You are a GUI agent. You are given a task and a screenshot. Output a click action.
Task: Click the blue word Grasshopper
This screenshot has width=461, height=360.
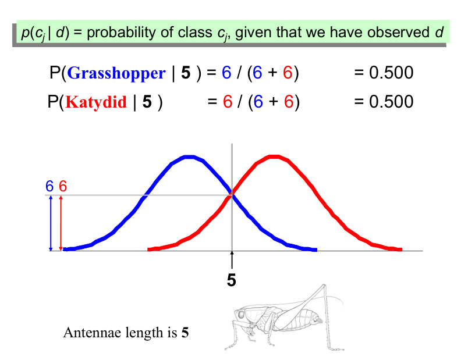tap(116, 73)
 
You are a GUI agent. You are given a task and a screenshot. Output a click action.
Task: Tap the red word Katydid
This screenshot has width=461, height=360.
tap(96, 102)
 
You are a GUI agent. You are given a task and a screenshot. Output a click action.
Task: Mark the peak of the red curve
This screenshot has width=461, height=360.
tap(274, 156)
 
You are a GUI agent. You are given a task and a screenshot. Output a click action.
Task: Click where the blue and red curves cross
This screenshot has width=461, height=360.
tap(232, 194)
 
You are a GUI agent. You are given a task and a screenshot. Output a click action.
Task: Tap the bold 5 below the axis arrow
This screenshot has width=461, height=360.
tap(232, 280)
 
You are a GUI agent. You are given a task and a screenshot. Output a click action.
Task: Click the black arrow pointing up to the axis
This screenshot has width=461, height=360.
tap(232, 260)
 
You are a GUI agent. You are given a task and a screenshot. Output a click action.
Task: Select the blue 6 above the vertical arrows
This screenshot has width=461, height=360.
tap(49, 186)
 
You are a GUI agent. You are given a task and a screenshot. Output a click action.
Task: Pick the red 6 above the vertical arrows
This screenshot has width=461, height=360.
tap(63, 186)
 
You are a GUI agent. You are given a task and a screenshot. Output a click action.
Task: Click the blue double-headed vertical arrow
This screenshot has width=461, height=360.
tap(51, 223)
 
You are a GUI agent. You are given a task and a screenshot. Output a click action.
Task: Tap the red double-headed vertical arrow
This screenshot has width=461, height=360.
tap(61, 223)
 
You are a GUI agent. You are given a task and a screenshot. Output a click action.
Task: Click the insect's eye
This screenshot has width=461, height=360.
tap(241, 315)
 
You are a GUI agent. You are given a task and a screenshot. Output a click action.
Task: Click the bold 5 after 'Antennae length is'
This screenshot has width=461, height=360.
tap(185, 333)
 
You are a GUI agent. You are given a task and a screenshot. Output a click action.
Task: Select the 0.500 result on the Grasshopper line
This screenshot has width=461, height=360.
tap(391, 73)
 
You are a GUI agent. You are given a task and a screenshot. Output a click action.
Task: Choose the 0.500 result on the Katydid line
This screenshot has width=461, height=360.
tap(391, 102)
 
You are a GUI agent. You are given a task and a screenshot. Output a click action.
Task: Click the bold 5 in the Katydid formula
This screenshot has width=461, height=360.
tap(147, 102)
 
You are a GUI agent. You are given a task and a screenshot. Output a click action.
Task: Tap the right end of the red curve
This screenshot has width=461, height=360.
tap(401, 249)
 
